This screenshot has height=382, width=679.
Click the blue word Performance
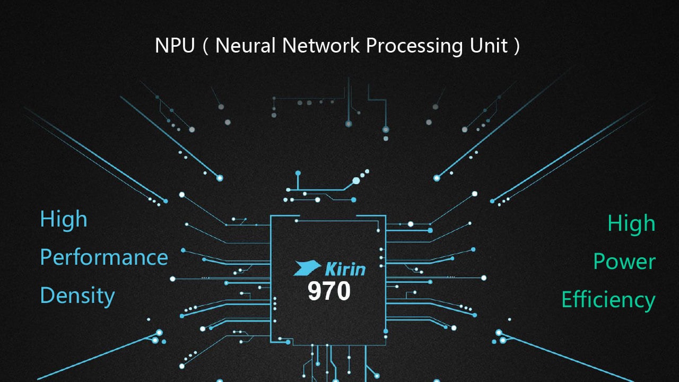pos(104,258)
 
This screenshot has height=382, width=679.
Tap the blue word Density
pos(77,296)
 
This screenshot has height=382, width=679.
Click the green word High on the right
pos(631,224)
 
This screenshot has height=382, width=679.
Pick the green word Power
pos(624,262)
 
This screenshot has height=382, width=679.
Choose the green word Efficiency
pos(608,300)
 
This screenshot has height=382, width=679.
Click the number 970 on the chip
pos(329,291)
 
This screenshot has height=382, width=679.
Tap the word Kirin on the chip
pos(345,268)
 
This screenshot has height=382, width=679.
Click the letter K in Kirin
pos(330,268)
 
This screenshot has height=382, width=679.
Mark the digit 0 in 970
pos(343,291)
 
